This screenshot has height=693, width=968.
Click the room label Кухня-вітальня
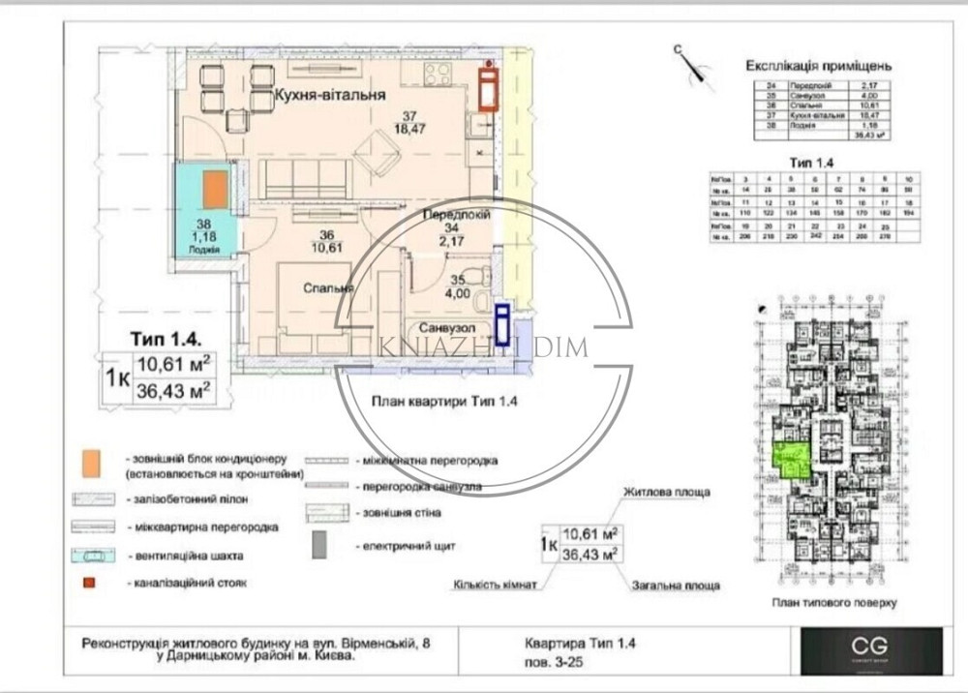[x=330, y=96]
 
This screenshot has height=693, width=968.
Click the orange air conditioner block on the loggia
[x=215, y=189]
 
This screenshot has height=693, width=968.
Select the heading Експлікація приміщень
[x=818, y=67]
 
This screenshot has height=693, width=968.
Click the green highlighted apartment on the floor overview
[x=790, y=458]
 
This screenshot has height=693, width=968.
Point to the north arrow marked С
[x=689, y=61]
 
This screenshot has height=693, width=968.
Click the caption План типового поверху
[x=834, y=601]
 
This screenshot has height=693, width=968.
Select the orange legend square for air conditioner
[x=90, y=463]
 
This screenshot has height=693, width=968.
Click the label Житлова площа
[x=666, y=492]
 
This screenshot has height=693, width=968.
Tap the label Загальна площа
[x=676, y=586]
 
